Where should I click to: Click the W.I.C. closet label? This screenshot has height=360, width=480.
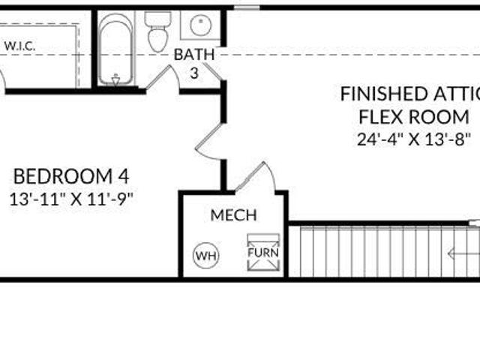pyautogui.click(x=20, y=46)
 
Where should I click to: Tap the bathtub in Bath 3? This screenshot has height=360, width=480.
pyautogui.click(x=116, y=49)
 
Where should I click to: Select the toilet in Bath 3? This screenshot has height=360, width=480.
pyautogui.click(x=157, y=31)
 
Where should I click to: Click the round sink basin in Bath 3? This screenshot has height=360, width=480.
pyautogui.click(x=201, y=25)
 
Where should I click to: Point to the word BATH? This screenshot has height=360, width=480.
pyautogui.click(x=194, y=55)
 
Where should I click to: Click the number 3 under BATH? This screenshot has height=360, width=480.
pyautogui.click(x=194, y=73)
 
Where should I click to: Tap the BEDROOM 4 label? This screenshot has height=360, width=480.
pyautogui.click(x=71, y=176)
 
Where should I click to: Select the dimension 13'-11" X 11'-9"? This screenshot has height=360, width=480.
pyautogui.click(x=71, y=199)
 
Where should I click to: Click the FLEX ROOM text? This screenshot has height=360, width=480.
pyautogui.click(x=413, y=117)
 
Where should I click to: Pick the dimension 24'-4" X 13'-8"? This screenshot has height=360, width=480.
pyautogui.click(x=413, y=139)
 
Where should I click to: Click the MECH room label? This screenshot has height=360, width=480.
pyautogui.click(x=233, y=215)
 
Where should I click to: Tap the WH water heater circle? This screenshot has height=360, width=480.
pyautogui.click(x=206, y=255)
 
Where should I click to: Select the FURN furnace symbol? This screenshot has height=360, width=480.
pyautogui.click(x=263, y=253)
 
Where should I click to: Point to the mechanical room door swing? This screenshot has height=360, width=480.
pyautogui.click(x=256, y=177)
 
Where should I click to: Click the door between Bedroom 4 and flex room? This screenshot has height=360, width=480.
pyautogui.click(x=208, y=142)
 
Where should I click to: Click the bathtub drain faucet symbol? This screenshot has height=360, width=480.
pyautogui.click(x=115, y=79)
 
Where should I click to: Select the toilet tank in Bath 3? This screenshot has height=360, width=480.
pyautogui.click(x=157, y=19)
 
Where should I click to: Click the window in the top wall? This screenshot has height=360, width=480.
pyautogui.click(x=247, y=7)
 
